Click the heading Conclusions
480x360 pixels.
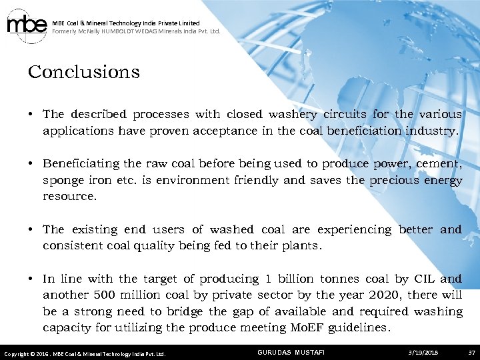point(83,72)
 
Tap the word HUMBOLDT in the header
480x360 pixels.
point(119,31)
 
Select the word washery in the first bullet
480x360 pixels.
point(293,115)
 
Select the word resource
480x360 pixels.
point(69,197)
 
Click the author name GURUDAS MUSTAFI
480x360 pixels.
point(291,352)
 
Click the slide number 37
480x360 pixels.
point(471,352)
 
